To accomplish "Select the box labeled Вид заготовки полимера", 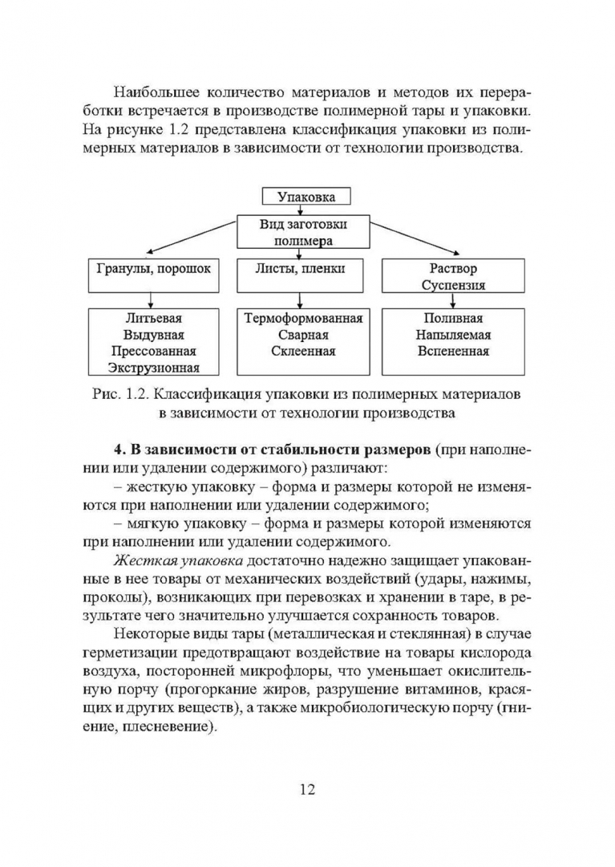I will click(303, 231).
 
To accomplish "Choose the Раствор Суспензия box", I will click(452, 276).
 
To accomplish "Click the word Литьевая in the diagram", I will click(154, 319).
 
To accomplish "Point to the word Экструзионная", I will click(154, 368).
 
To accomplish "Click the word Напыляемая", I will click(453, 335).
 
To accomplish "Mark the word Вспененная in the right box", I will click(453, 352).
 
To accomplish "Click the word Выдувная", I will click(154, 335).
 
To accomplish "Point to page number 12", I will click(307, 788).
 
